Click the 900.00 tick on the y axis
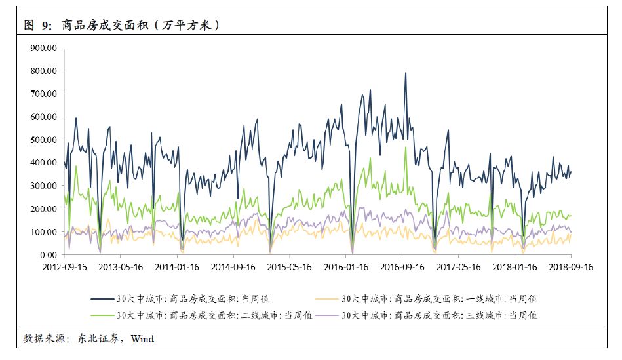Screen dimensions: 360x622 pyautogui.click(x=43, y=48)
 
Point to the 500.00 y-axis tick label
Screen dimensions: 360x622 pyautogui.click(x=43, y=140)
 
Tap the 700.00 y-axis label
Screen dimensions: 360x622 pyautogui.click(x=43, y=94)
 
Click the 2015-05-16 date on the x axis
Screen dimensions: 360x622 pyautogui.click(x=290, y=267)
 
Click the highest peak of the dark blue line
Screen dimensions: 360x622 pyautogui.click(x=405, y=73)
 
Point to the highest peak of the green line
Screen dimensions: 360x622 pyautogui.click(x=405, y=147)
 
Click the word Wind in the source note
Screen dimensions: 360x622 pyautogui.click(x=142, y=339)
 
